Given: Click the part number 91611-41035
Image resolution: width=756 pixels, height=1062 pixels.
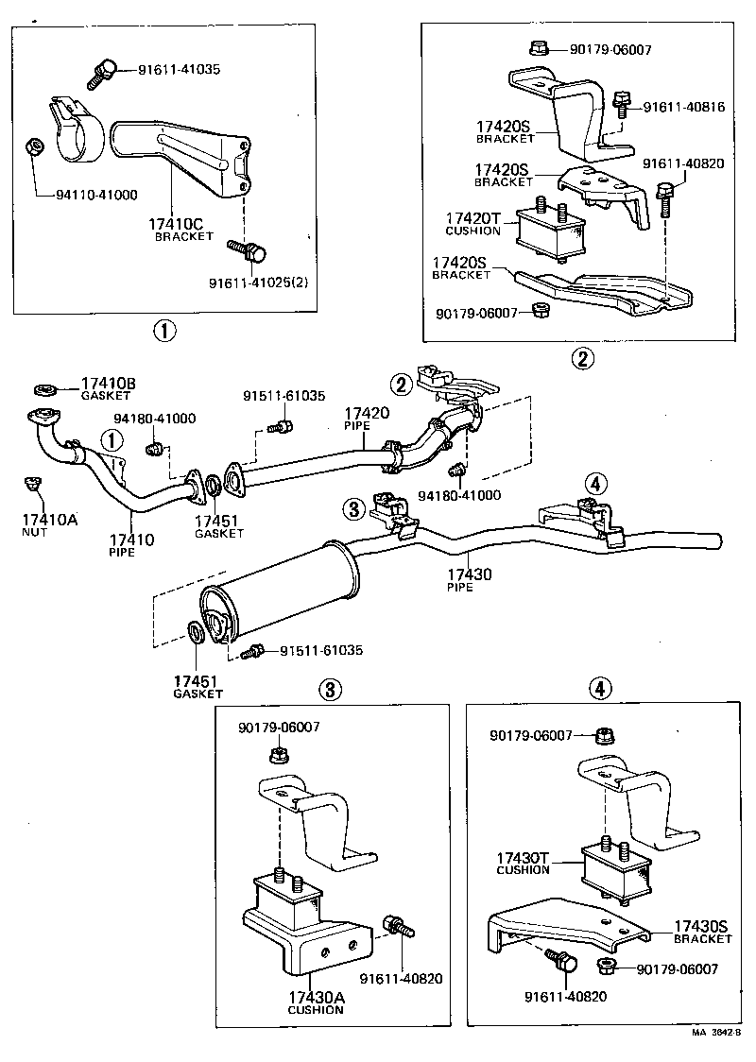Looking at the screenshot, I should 180,69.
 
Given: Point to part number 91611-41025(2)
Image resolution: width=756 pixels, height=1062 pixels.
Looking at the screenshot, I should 259,281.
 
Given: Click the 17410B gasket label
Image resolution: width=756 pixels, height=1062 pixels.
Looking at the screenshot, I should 108,384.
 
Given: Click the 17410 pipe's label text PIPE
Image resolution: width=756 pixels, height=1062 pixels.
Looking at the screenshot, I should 122,552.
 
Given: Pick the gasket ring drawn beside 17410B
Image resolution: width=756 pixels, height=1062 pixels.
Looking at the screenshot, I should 43,387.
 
